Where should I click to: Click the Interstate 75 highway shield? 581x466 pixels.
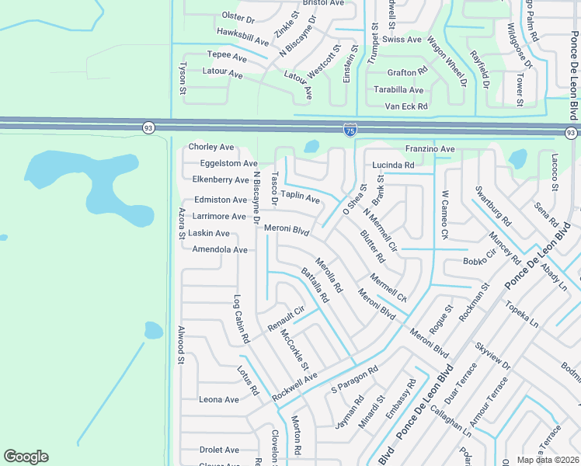(350, 129)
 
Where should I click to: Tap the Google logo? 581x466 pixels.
(26, 457)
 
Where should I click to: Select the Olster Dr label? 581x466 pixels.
(238, 17)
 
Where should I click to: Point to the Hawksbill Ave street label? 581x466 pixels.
(242, 36)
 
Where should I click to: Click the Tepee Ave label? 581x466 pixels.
(227, 57)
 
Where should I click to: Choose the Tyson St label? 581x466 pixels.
(184, 79)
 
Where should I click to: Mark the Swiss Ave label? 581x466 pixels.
(402, 40)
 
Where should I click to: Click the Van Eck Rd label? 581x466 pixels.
(406, 106)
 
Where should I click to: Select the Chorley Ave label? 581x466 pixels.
(211, 147)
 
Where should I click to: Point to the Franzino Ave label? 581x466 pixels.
(430, 148)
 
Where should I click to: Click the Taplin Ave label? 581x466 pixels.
(300, 197)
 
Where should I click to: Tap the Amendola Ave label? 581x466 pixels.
(219, 250)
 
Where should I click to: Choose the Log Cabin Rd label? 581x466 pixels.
(242, 319)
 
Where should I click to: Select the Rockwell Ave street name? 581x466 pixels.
(295, 388)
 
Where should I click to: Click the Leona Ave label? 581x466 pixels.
(219, 399)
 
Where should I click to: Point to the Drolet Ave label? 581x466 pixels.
(219, 450)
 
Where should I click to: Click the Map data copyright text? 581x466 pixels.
(548, 460)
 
